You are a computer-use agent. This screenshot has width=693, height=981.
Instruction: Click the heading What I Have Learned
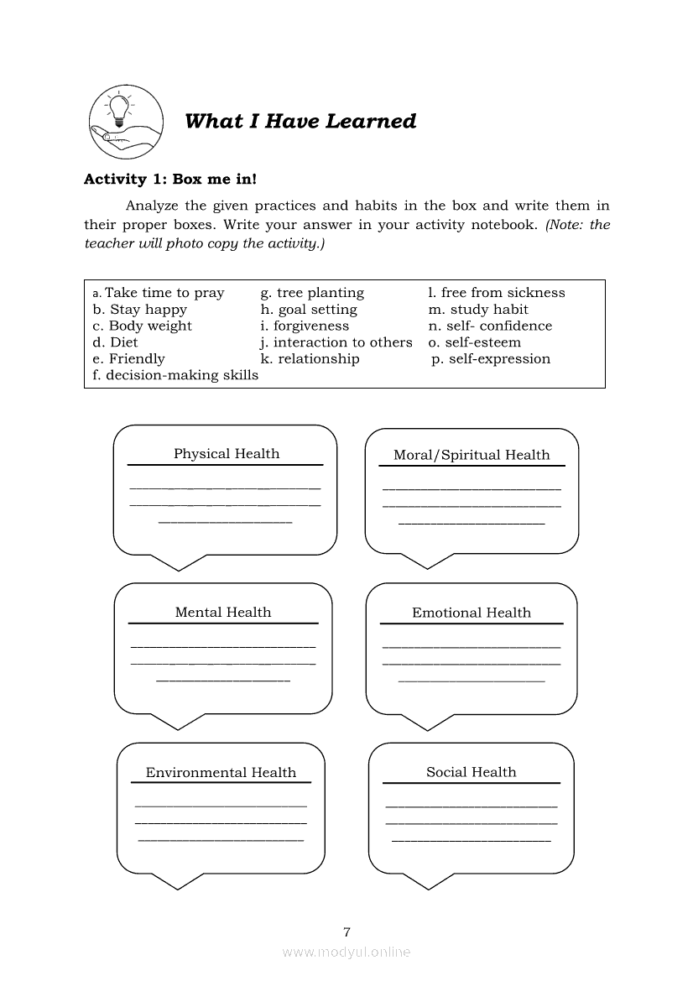click(300, 122)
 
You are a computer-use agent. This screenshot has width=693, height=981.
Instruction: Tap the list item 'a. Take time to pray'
click(159, 293)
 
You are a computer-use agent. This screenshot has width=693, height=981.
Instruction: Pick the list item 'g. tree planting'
click(312, 293)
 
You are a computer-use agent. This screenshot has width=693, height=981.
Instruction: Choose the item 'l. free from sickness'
click(497, 293)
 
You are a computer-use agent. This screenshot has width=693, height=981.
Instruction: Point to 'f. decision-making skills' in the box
click(175, 375)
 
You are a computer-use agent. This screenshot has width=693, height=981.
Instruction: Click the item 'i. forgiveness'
click(305, 326)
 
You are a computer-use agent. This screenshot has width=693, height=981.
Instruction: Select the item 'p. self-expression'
click(491, 359)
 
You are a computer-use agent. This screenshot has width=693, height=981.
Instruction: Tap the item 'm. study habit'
click(478, 310)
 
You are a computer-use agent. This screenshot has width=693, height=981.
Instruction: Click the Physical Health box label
click(227, 454)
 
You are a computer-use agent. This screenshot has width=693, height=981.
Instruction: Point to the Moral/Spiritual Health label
click(472, 455)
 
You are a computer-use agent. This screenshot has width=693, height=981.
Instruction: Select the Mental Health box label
click(223, 613)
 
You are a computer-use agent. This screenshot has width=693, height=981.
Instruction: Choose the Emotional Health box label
click(472, 613)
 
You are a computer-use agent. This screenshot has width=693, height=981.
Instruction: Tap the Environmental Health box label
click(221, 773)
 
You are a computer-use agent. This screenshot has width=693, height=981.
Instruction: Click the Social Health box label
click(472, 772)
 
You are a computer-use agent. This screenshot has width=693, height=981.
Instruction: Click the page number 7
click(346, 931)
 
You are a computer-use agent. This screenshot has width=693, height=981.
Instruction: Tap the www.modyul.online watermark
click(346, 952)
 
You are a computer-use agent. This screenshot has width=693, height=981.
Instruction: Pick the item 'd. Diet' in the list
click(116, 342)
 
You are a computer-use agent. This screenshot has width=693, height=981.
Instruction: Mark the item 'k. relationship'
click(310, 359)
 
